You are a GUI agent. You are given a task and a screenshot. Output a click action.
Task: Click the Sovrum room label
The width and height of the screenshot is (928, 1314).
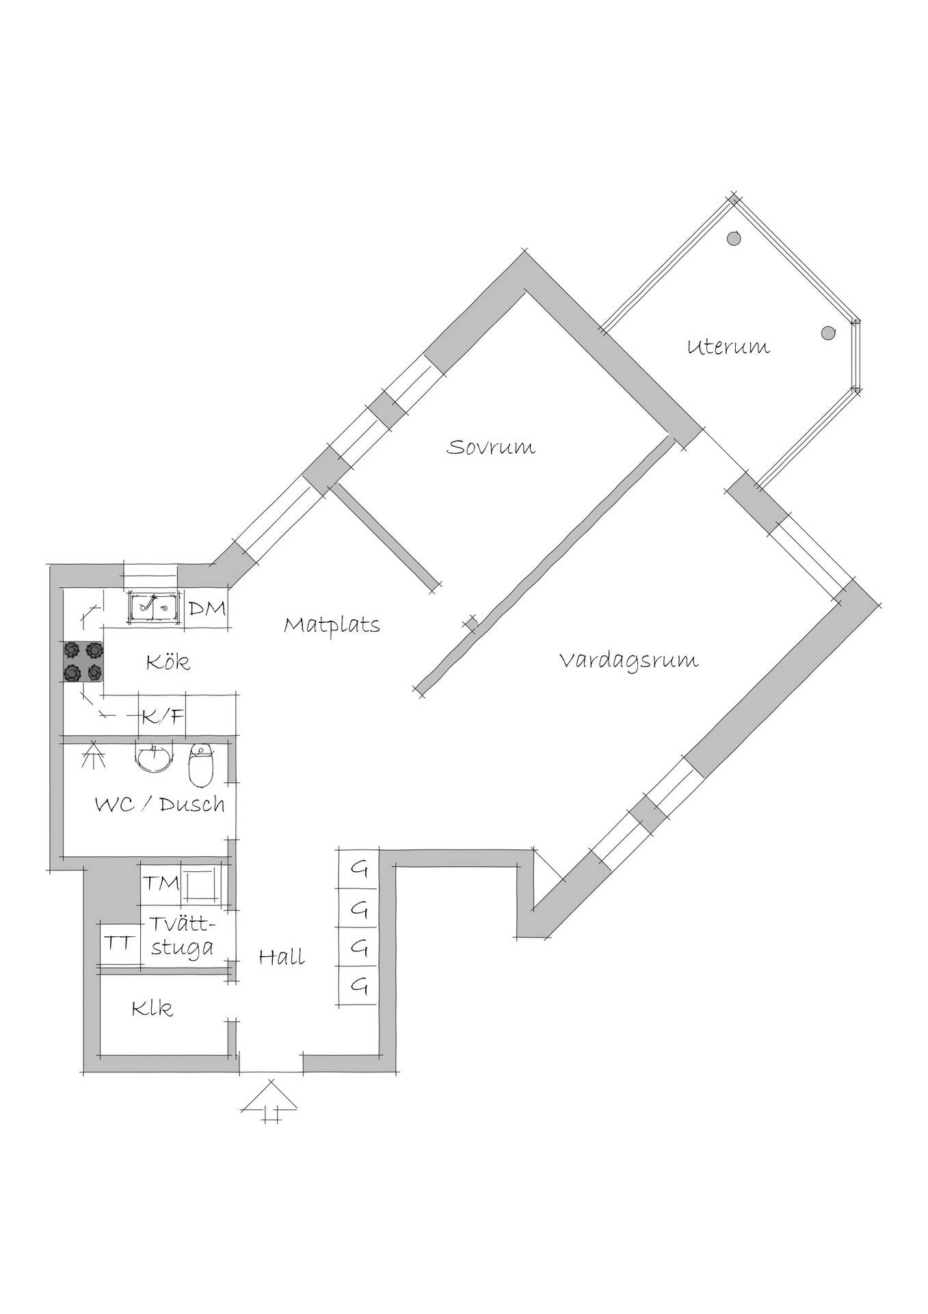click(x=490, y=447)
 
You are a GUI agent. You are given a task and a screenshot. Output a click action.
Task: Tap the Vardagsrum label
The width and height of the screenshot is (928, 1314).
click(x=628, y=660)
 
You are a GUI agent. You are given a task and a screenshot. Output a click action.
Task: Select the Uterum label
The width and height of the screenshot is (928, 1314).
click(x=728, y=346)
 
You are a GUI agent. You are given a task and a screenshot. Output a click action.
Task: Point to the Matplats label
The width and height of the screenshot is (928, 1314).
click(x=332, y=625)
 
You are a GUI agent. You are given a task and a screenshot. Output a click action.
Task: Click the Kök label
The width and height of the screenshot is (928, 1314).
click(x=168, y=661)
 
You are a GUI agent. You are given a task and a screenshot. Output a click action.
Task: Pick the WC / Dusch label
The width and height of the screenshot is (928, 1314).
click(x=160, y=803)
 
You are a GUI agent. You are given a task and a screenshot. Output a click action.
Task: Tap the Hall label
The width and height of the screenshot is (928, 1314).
click(x=282, y=956)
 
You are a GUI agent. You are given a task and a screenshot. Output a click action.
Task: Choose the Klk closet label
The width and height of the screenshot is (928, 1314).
click(x=153, y=1008)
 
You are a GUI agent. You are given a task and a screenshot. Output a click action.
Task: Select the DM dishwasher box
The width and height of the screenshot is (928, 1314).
click(x=206, y=607)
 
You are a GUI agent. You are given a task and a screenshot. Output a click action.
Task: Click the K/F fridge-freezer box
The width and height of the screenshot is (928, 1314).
click(x=163, y=716)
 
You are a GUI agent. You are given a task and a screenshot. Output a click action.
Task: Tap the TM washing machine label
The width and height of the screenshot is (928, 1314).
click(x=161, y=883)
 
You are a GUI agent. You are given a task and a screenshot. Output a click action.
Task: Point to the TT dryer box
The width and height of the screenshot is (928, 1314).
click(x=119, y=943)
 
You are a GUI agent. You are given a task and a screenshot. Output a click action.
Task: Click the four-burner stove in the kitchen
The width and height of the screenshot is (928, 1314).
click(x=83, y=661)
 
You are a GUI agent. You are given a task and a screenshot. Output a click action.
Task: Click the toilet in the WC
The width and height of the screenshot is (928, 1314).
click(x=201, y=764)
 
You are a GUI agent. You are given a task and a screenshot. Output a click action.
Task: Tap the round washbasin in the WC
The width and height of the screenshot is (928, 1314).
click(x=154, y=758)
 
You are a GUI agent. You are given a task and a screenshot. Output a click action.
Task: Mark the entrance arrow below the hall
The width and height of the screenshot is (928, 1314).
click(x=271, y=1100)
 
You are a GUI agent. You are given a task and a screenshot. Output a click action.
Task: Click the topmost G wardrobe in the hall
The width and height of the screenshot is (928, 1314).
click(x=358, y=869)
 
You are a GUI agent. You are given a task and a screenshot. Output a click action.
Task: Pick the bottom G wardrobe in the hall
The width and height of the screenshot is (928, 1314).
click(x=358, y=986)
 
